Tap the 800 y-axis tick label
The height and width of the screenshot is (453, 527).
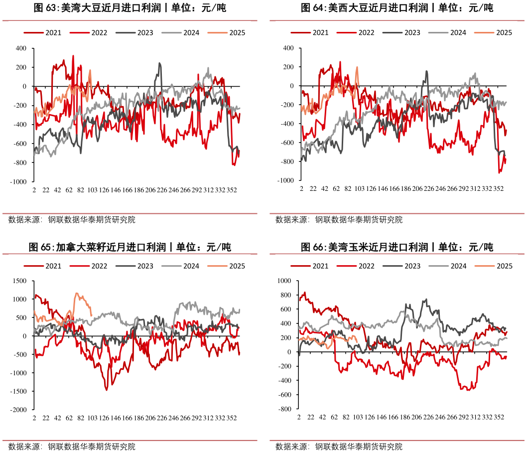(285, 295)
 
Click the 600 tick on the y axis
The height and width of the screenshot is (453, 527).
(285, 309)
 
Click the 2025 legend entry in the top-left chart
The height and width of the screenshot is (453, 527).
(237, 33)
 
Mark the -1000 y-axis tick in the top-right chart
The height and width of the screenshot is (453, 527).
(284, 180)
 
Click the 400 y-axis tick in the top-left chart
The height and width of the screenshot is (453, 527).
(20, 48)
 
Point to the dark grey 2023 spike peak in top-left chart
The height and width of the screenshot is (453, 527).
(159, 63)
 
